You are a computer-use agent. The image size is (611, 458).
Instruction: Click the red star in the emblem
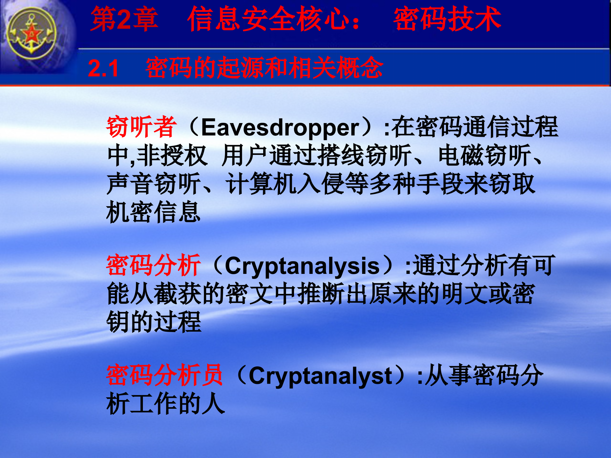(x=32, y=34)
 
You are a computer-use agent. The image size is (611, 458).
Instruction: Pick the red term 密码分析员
(x=164, y=376)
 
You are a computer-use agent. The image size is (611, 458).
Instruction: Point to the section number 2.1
(x=103, y=68)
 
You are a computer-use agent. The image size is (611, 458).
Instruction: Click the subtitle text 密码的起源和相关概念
(x=264, y=68)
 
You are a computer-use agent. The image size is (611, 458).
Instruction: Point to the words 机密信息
(x=153, y=212)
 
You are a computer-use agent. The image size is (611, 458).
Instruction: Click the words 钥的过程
(x=153, y=322)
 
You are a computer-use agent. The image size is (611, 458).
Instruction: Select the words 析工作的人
(x=165, y=404)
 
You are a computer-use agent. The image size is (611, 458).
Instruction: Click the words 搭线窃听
(x=364, y=156)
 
